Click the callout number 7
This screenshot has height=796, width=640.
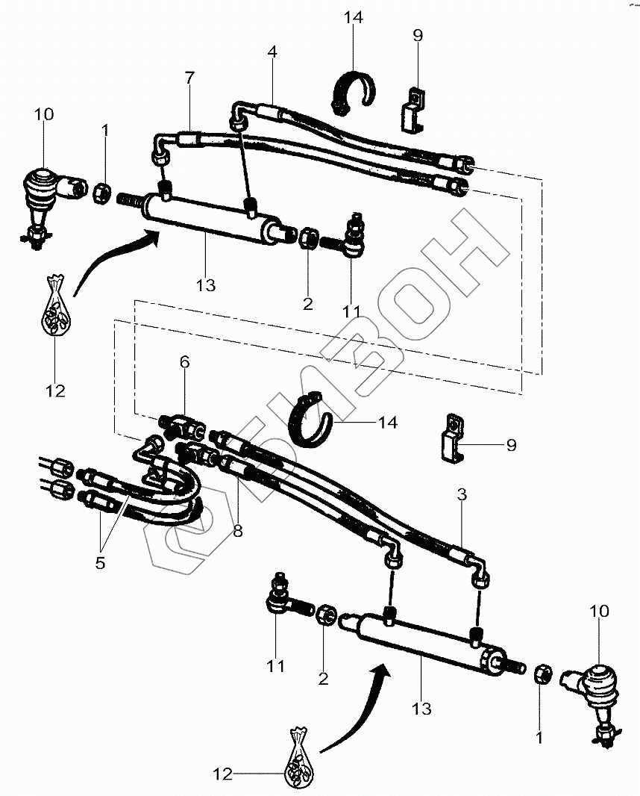[189, 78]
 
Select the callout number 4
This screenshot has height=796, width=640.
[273, 52]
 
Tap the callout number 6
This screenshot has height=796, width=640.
[184, 362]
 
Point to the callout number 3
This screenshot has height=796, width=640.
[462, 494]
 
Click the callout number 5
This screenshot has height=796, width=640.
[101, 562]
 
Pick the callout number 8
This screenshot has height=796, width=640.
[238, 531]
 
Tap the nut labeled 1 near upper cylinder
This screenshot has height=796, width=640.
[103, 194]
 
